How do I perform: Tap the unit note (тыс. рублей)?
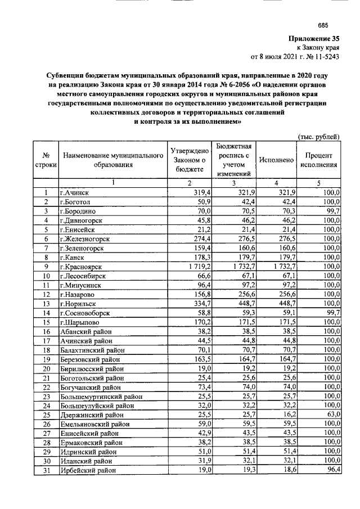(x=318, y=137)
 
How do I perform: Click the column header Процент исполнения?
(x=318, y=160)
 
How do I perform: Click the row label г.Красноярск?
(x=82, y=267)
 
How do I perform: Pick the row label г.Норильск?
(x=78, y=303)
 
